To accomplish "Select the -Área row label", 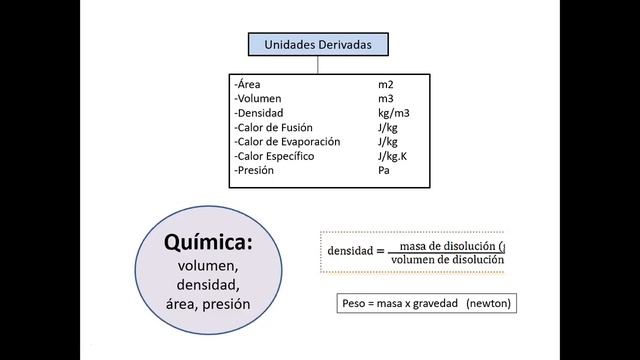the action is [x=249, y=85].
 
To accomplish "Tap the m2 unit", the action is [x=386, y=85].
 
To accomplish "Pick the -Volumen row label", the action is [x=259, y=99].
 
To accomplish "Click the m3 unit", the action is [x=386, y=99].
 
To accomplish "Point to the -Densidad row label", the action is [x=260, y=113].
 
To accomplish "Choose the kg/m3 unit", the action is [x=394, y=113].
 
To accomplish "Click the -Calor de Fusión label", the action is [x=276, y=128].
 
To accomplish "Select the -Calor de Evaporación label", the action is [x=286, y=142].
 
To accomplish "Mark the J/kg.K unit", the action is [x=393, y=156].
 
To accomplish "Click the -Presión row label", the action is [x=255, y=170].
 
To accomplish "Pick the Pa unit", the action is [x=383, y=170].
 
